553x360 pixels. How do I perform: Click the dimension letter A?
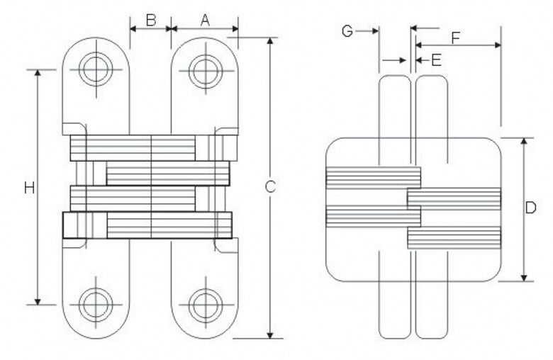(x=205, y=20)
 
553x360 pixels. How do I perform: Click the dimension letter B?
(x=151, y=20)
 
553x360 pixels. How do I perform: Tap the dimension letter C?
(x=270, y=187)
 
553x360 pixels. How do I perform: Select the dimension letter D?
(x=530, y=208)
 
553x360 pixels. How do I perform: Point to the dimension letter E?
(x=436, y=60)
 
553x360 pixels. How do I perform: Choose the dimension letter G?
(x=347, y=30)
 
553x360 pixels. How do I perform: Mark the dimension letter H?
(x=29, y=188)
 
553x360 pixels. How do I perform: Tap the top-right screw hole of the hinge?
(x=205, y=69)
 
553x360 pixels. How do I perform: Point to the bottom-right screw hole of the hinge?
(x=205, y=304)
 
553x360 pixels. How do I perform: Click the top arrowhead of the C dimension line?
(x=270, y=40)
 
